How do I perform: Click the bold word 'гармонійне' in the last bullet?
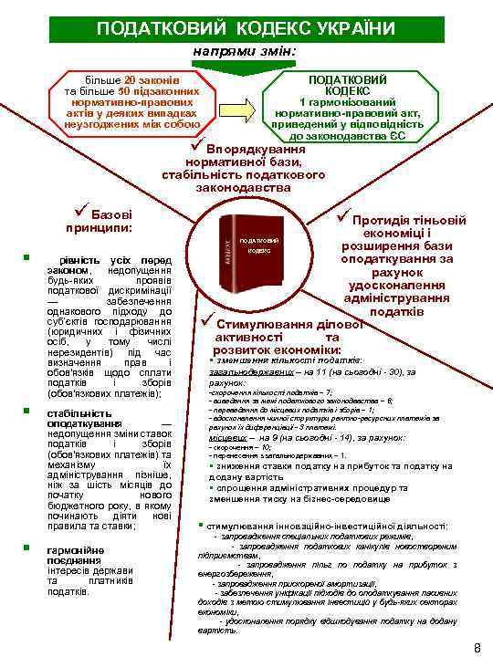[x=74, y=551]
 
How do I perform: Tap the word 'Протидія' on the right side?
[x=383, y=220]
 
